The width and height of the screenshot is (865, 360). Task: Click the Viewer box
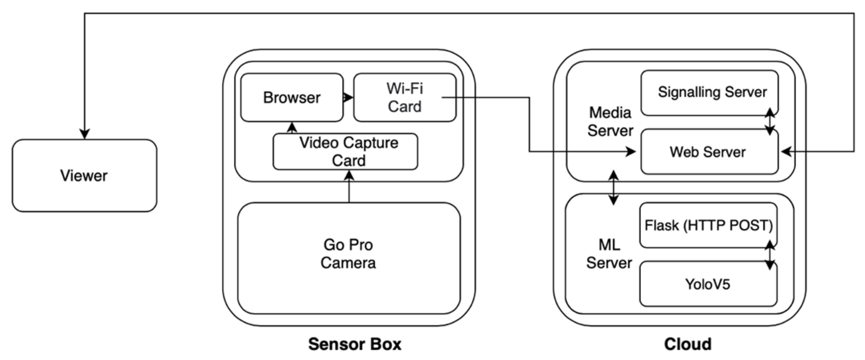84,176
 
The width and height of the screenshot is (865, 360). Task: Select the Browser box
292,98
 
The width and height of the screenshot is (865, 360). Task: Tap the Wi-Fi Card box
405,98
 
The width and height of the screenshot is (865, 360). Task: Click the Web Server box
708,152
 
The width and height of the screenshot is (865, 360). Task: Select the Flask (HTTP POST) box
708,225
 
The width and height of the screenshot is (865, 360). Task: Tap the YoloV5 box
708,284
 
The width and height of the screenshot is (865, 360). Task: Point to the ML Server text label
609,254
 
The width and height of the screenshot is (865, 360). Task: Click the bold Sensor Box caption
355,344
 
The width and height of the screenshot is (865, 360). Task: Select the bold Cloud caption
687,344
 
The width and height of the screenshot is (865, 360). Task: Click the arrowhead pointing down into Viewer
84,134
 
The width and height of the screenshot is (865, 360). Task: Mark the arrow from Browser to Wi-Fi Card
348,98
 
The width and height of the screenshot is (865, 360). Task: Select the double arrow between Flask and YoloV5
770,255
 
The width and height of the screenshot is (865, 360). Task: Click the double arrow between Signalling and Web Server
770,122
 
